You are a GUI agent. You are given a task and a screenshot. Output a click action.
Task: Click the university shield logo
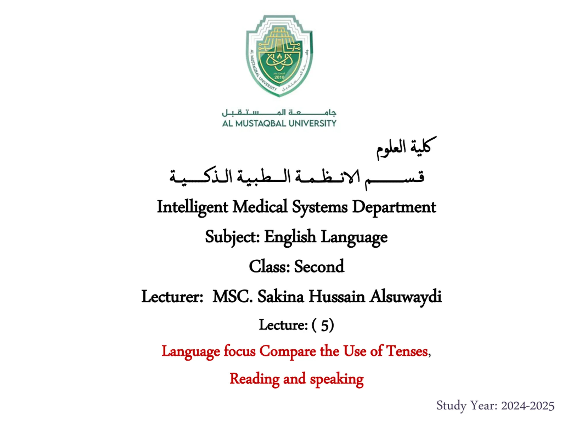click(x=279, y=56)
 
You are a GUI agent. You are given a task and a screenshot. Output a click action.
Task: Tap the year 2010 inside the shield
click(x=279, y=77)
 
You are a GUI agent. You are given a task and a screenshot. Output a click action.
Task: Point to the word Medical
click(x=260, y=207)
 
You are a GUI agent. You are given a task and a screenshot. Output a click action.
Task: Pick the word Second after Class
click(x=319, y=266)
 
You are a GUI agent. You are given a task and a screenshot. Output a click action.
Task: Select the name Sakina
click(x=281, y=296)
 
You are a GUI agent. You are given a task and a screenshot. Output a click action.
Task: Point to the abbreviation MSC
click(x=232, y=296)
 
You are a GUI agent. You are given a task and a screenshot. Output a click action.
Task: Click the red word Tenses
click(x=407, y=351)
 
